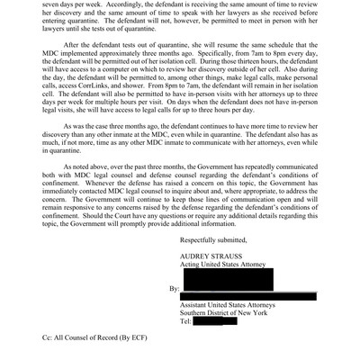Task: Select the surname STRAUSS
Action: tap(227, 256)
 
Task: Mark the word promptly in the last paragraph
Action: tap(161, 225)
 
